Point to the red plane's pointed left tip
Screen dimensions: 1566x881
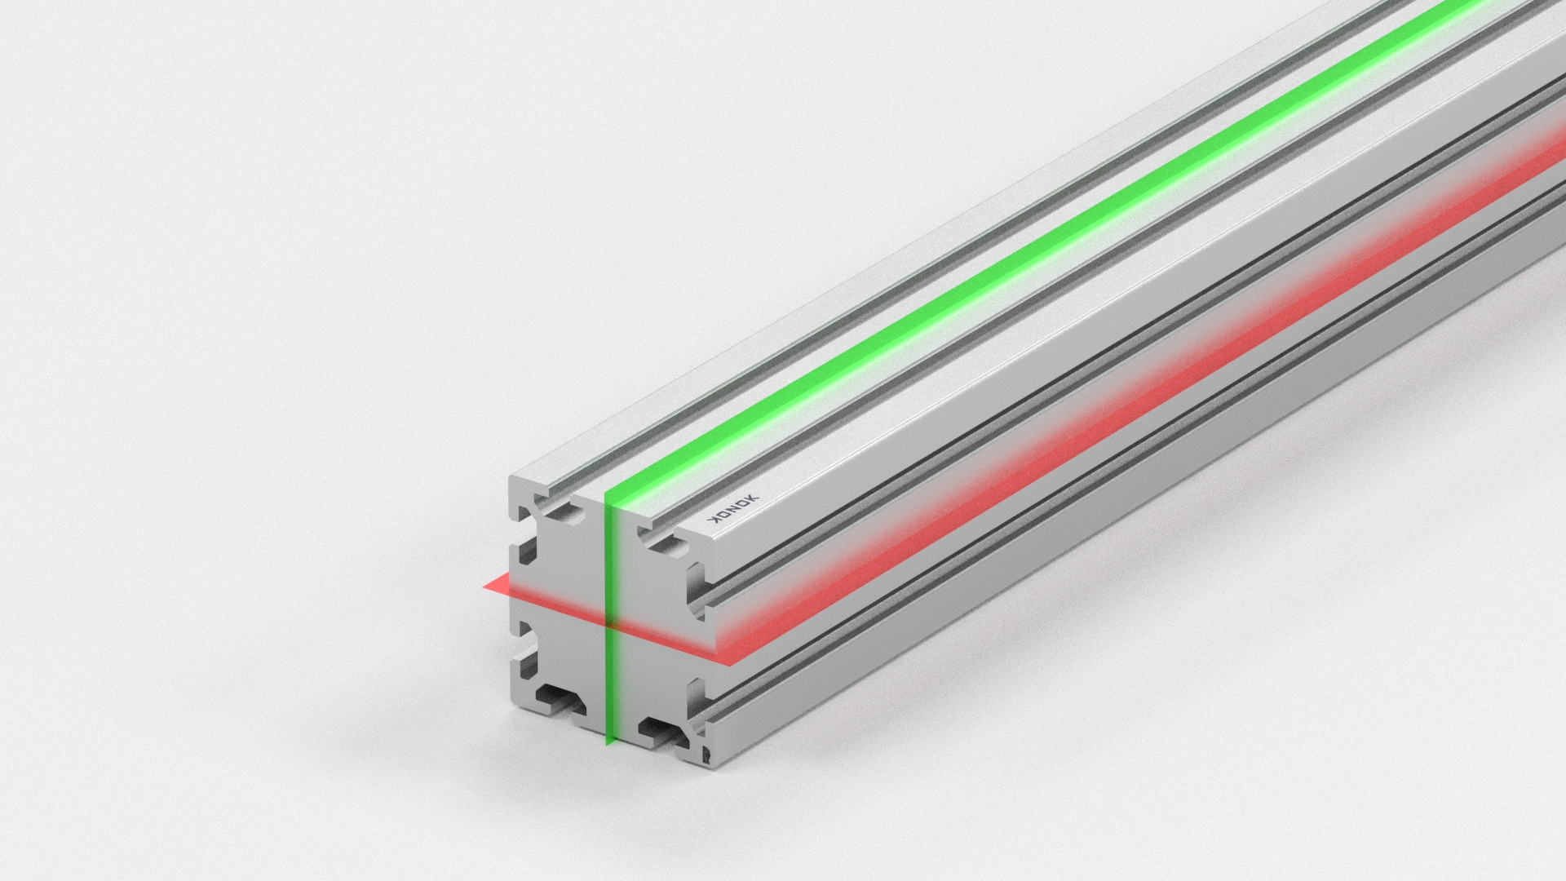tap(484, 584)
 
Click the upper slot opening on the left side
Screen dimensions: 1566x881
tap(524, 538)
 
